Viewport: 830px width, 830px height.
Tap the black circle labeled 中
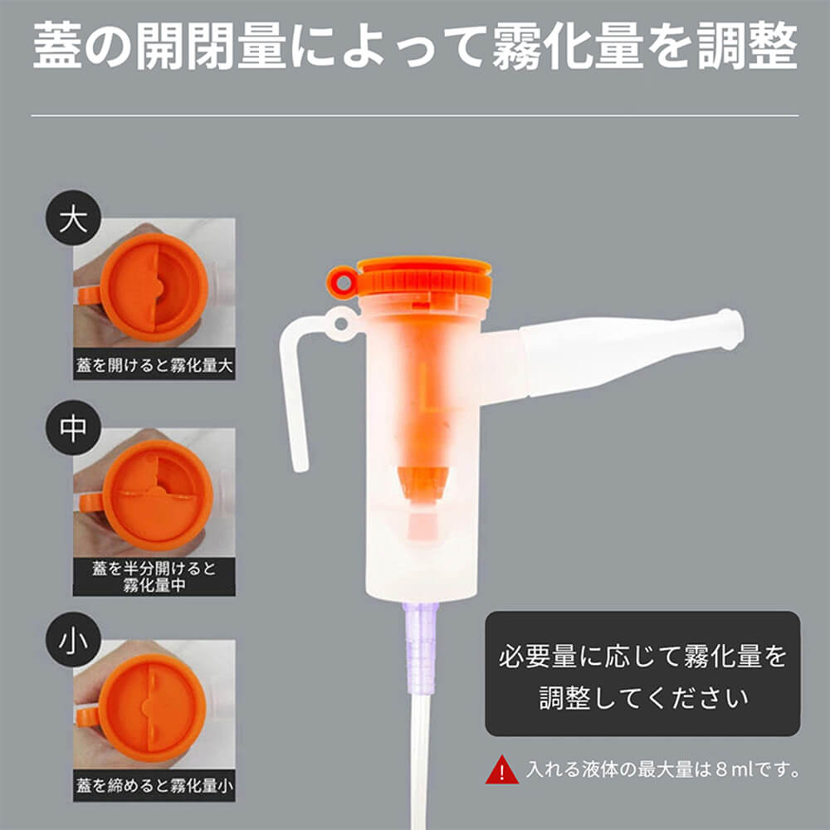[72, 430]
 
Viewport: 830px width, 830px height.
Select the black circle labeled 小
[72, 640]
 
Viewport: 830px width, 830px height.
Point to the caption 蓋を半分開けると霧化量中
[154, 577]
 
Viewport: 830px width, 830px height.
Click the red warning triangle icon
[501, 770]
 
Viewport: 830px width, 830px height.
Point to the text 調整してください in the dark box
[642, 696]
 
